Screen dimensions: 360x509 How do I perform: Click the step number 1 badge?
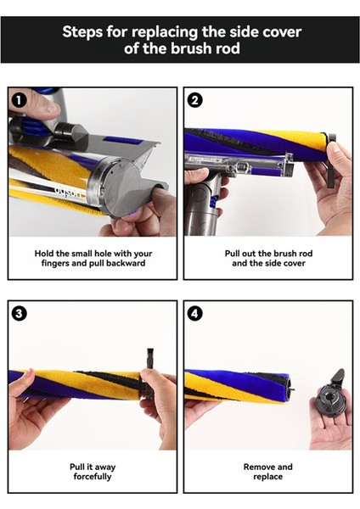(x=19, y=100)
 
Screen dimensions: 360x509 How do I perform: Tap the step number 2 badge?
(x=194, y=100)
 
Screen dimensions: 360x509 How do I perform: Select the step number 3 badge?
(x=19, y=314)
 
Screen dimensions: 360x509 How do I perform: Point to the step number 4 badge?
(x=194, y=314)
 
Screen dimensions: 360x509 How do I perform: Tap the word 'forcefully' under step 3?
(x=93, y=477)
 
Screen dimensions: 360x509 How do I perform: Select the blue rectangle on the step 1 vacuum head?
(x=122, y=141)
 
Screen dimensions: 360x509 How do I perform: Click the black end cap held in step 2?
(x=330, y=159)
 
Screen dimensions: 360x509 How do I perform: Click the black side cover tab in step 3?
(x=149, y=373)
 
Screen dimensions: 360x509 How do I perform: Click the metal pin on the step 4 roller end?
(x=292, y=388)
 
